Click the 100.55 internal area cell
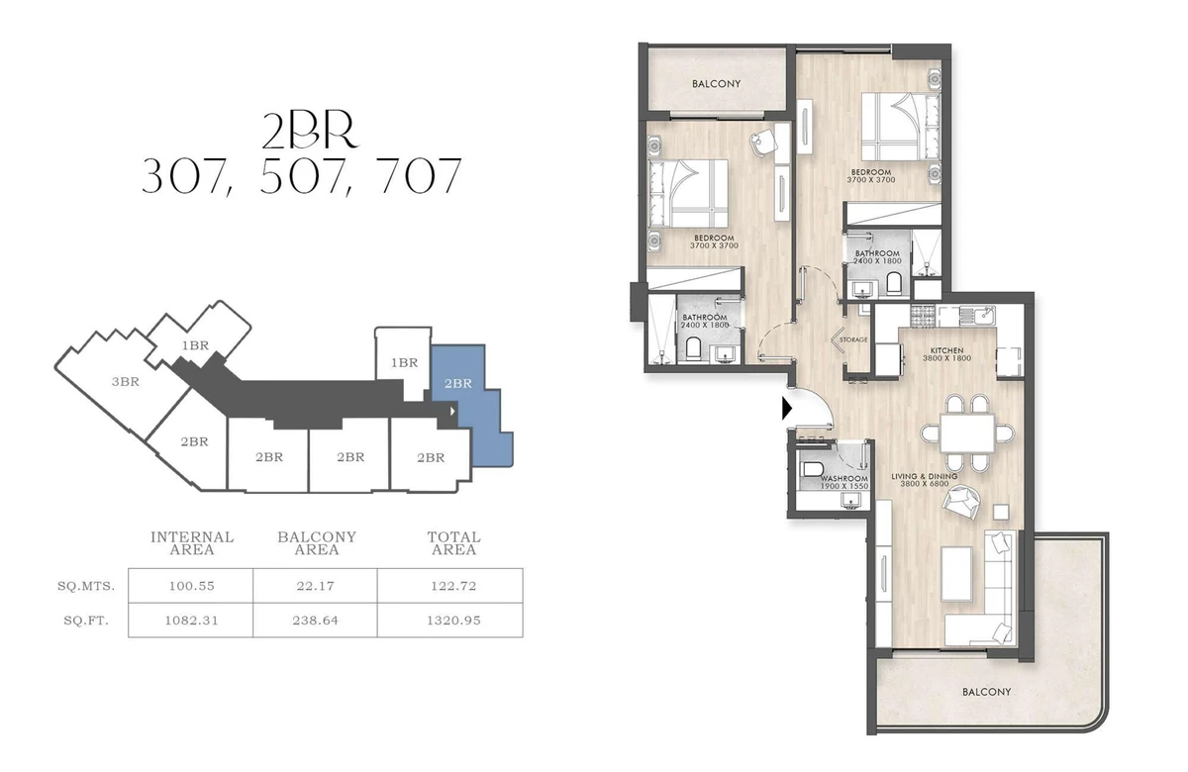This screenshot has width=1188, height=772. click(x=191, y=586)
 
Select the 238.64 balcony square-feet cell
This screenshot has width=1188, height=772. click(x=315, y=621)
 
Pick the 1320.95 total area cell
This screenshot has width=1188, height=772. click(x=453, y=621)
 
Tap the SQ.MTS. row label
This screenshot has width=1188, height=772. click(x=86, y=586)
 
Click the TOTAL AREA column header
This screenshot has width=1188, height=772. click(x=454, y=543)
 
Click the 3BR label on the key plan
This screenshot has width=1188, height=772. click(x=126, y=382)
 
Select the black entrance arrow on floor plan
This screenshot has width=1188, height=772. click(x=787, y=409)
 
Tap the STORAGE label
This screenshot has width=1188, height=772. click(x=853, y=339)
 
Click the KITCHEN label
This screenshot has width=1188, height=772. click(x=946, y=350)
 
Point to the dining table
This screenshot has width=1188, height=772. click(x=967, y=434)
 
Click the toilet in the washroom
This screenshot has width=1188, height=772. click(x=812, y=469)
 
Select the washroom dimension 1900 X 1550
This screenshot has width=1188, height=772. click(x=844, y=486)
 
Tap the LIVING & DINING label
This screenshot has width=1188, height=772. click(x=925, y=476)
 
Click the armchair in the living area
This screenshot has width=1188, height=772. click(x=961, y=504)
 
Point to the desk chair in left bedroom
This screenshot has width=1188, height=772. click(x=760, y=141)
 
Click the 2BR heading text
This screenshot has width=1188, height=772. click(x=310, y=132)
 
